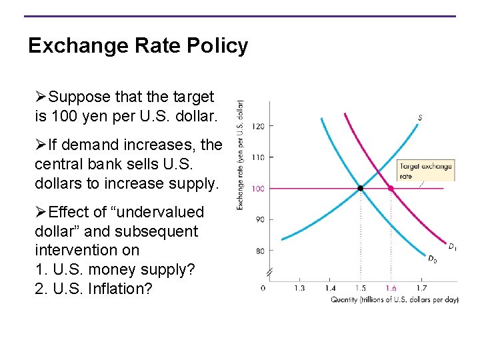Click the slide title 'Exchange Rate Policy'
click(x=138, y=46)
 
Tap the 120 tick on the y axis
click(x=258, y=126)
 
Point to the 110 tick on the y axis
click(x=258, y=157)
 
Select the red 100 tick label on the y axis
click(x=258, y=189)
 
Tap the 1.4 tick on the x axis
click(x=330, y=288)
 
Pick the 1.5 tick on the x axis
click(x=361, y=288)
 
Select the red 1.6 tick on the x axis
click(x=391, y=288)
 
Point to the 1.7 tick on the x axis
click(x=421, y=288)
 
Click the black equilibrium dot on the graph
click(x=361, y=189)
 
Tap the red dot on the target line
click(x=391, y=189)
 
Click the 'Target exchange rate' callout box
click(x=425, y=171)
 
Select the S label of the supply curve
click(x=420, y=118)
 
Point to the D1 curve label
click(x=452, y=247)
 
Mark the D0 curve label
click(x=432, y=259)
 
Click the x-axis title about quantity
click(x=395, y=300)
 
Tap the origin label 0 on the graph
click(x=263, y=288)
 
